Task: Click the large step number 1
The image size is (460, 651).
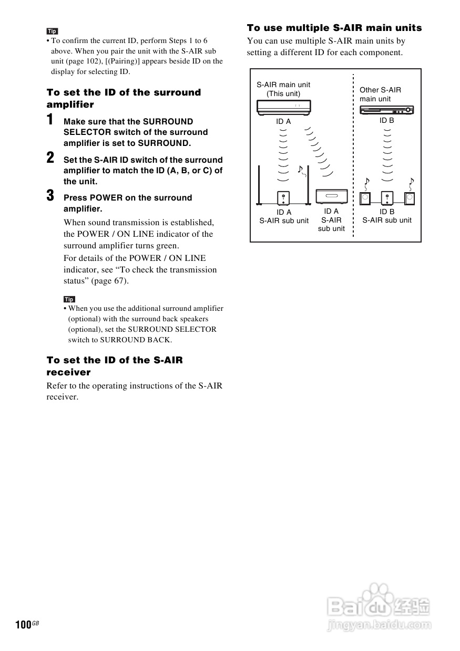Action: (x=50, y=120)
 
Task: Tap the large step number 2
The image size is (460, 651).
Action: (x=50, y=157)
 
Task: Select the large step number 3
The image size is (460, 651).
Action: (x=50, y=196)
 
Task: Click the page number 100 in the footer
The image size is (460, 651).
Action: (x=24, y=625)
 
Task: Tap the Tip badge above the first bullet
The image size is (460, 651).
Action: (x=52, y=31)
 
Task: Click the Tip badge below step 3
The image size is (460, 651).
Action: (x=69, y=299)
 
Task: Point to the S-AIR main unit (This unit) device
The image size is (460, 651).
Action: (x=283, y=107)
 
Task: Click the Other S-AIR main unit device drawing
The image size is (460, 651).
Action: (x=386, y=110)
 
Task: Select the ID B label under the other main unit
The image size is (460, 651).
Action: (x=387, y=120)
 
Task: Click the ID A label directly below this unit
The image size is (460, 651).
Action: (x=283, y=121)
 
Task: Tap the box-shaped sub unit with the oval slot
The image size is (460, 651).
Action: (x=331, y=197)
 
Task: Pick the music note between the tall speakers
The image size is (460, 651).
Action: (x=300, y=169)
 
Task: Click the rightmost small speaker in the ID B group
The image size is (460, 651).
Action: (x=410, y=198)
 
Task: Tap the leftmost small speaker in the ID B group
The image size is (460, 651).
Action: (x=365, y=198)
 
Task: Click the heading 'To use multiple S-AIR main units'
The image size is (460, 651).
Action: (x=334, y=28)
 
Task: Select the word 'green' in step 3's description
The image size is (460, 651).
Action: (x=168, y=246)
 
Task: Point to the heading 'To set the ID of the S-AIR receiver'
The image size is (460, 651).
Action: (x=115, y=366)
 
